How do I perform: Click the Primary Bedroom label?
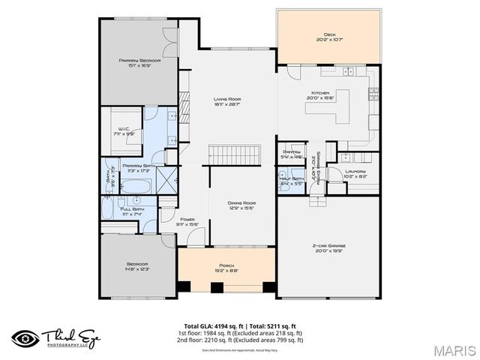135,60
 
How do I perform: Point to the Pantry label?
291,152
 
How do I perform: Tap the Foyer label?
187,219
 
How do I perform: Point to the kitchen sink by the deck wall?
348,71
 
